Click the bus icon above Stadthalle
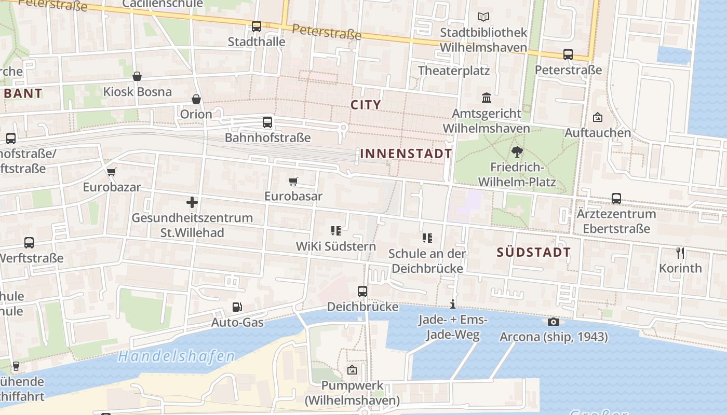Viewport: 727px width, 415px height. click(257, 26)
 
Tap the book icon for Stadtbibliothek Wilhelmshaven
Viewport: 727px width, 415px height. click(483, 17)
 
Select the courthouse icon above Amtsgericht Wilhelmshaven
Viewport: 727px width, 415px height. click(487, 98)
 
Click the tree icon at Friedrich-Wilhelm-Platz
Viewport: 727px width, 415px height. click(517, 151)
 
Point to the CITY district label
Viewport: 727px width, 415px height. click(366, 105)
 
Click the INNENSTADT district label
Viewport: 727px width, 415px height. click(406, 154)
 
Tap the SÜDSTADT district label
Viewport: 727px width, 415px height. click(534, 253)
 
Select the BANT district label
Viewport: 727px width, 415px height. click(23, 94)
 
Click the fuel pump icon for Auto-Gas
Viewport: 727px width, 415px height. click(237, 307)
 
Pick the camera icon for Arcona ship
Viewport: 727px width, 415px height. click(553, 322)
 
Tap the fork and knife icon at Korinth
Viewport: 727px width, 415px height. click(680, 253)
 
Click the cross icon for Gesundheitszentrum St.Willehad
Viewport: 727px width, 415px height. click(192, 202)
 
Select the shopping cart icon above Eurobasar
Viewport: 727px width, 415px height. click(293, 181)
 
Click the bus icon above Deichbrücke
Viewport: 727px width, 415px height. click(362, 292)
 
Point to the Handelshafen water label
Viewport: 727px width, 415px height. click(176, 356)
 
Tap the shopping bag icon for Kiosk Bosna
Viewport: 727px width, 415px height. click(137, 77)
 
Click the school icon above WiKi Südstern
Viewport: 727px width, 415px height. click(335, 231)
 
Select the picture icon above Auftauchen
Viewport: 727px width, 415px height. click(598, 117)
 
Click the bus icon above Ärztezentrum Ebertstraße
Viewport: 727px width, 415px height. click(616, 198)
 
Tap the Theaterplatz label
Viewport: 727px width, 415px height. click(454, 71)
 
